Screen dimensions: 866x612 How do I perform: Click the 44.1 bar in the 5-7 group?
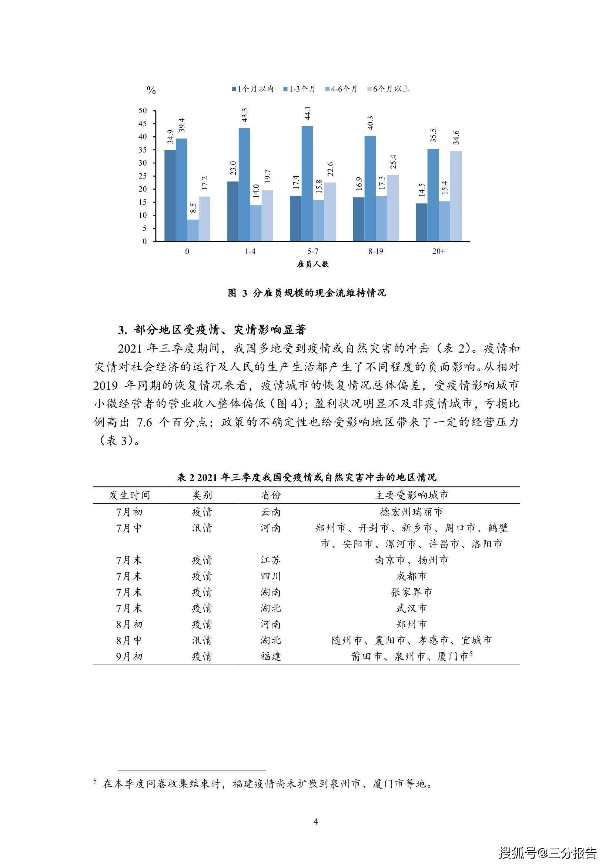click(x=307, y=184)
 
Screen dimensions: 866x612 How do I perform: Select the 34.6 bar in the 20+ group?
click(x=455, y=196)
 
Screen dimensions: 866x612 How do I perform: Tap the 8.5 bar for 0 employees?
click(x=193, y=230)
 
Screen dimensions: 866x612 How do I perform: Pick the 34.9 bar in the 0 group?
click(x=170, y=195)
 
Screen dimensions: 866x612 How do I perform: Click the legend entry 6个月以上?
click(x=388, y=89)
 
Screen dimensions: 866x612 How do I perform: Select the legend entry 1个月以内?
click(x=252, y=89)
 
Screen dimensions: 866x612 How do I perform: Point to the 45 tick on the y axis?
click(x=143, y=124)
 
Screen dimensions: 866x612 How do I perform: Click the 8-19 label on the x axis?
click(x=375, y=251)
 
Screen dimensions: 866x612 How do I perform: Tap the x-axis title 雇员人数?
click(x=313, y=264)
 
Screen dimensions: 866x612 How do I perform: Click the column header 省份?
click(x=270, y=495)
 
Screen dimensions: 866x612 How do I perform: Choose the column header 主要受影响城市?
click(x=411, y=495)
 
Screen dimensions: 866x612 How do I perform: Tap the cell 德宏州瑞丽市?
click(x=411, y=512)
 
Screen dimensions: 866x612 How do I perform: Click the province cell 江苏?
click(x=270, y=560)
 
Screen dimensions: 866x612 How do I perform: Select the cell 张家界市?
click(x=411, y=592)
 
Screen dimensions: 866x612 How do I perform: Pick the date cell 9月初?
click(x=129, y=657)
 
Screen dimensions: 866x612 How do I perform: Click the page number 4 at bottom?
click(x=316, y=821)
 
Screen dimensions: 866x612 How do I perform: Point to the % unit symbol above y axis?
click(x=151, y=90)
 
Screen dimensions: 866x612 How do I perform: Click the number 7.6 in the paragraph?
click(x=144, y=422)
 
